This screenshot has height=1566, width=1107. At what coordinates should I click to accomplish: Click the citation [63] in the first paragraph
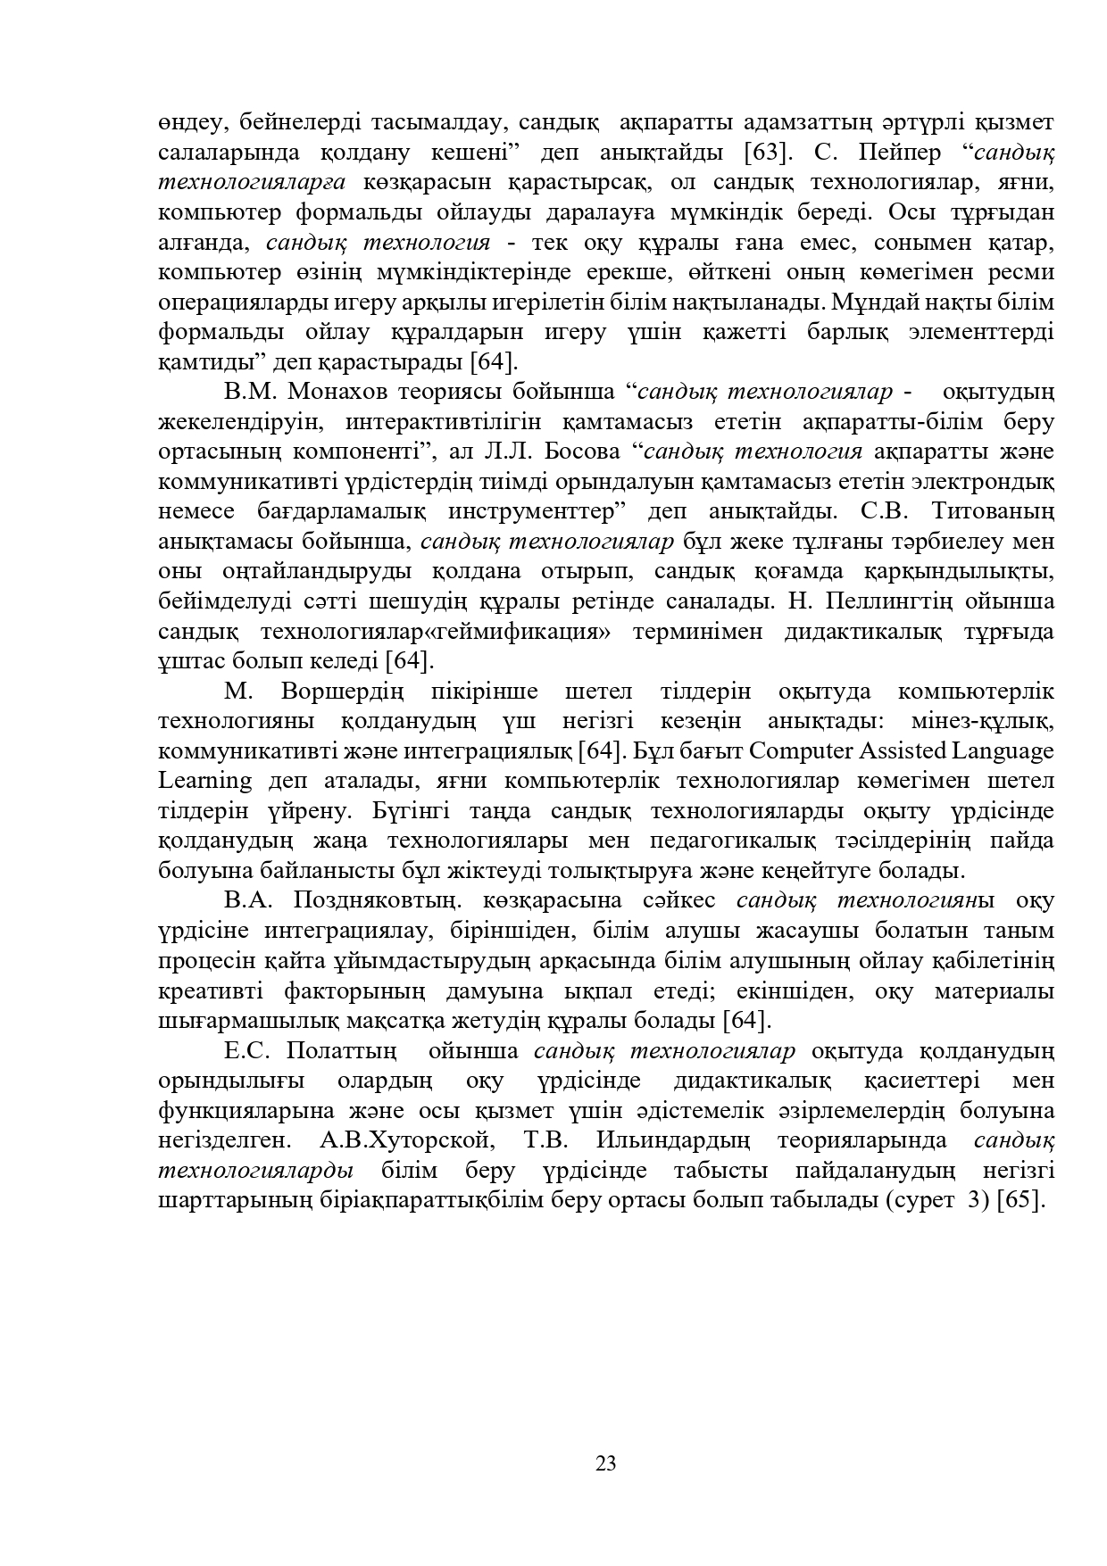[x=768, y=153]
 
